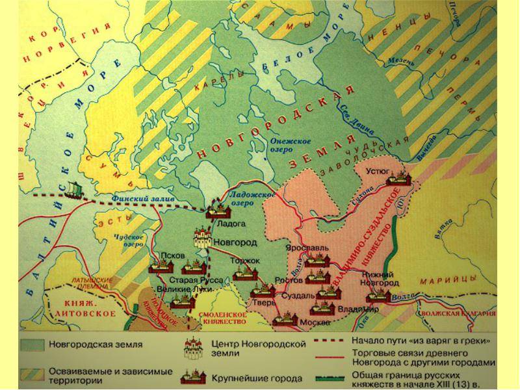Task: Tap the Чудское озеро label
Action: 129,240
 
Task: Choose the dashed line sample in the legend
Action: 331,341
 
